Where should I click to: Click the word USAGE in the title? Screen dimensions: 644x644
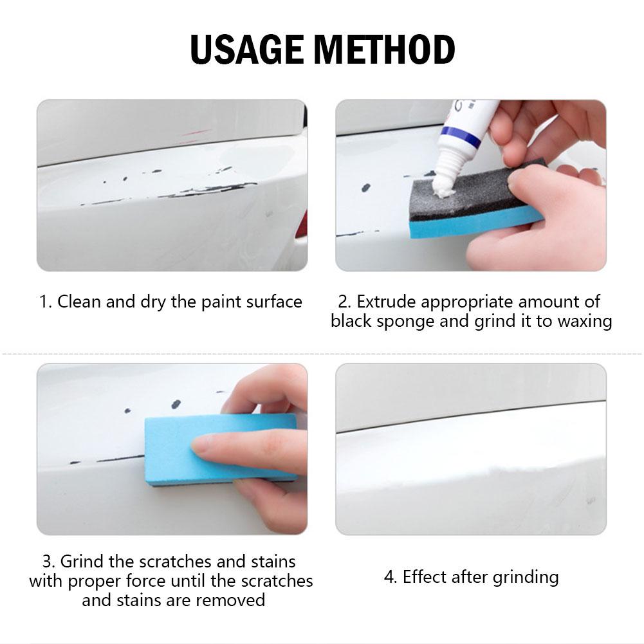click(247, 50)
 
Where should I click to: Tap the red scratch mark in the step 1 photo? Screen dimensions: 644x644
click(195, 133)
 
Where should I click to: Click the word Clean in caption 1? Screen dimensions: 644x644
click(78, 302)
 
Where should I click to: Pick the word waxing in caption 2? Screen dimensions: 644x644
click(585, 322)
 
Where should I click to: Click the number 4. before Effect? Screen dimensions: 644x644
click(391, 577)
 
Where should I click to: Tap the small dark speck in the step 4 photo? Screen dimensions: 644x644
click(591, 501)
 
